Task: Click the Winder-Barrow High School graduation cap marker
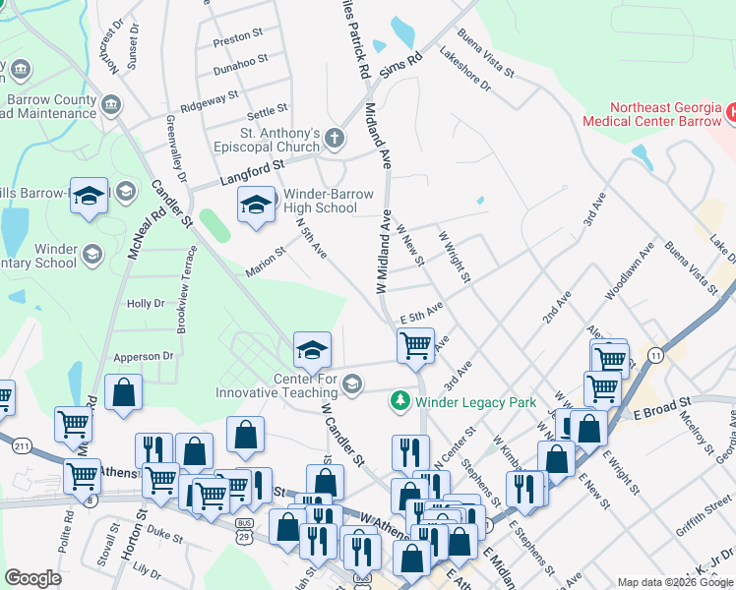(x=256, y=206)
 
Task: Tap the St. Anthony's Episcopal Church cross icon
(x=335, y=138)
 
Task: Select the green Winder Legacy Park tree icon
(x=399, y=401)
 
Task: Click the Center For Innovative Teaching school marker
(x=312, y=350)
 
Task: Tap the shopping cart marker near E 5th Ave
(x=415, y=345)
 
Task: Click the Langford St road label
(x=216, y=177)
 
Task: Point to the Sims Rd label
(x=400, y=65)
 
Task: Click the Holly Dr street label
(x=146, y=305)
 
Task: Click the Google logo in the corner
(x=33, y=577)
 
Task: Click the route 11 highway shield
(x=654, y=354)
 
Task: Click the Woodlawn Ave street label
(x=630, y=267)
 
